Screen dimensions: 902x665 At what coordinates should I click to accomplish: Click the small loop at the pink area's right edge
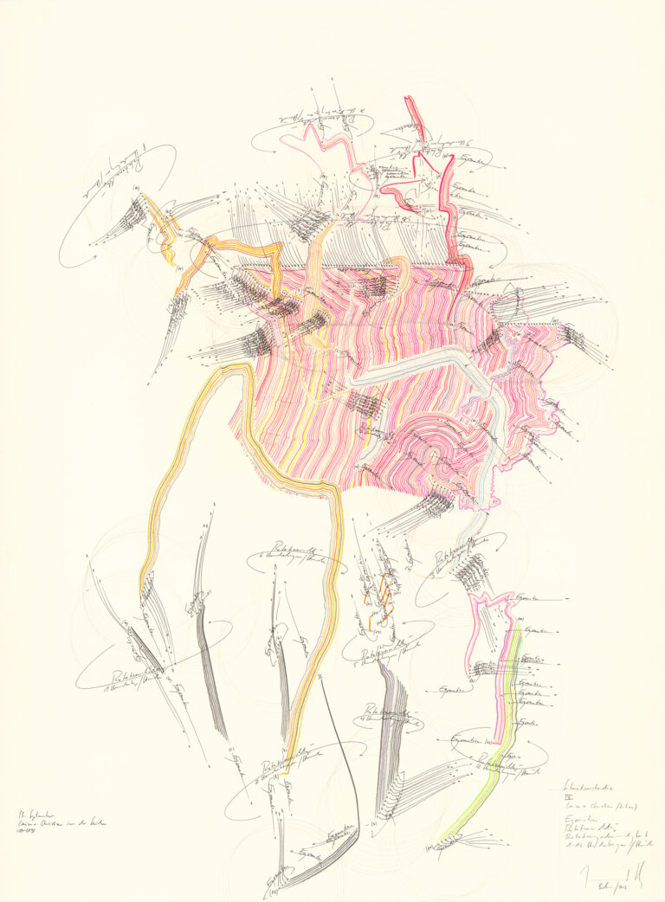pos(514,302)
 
